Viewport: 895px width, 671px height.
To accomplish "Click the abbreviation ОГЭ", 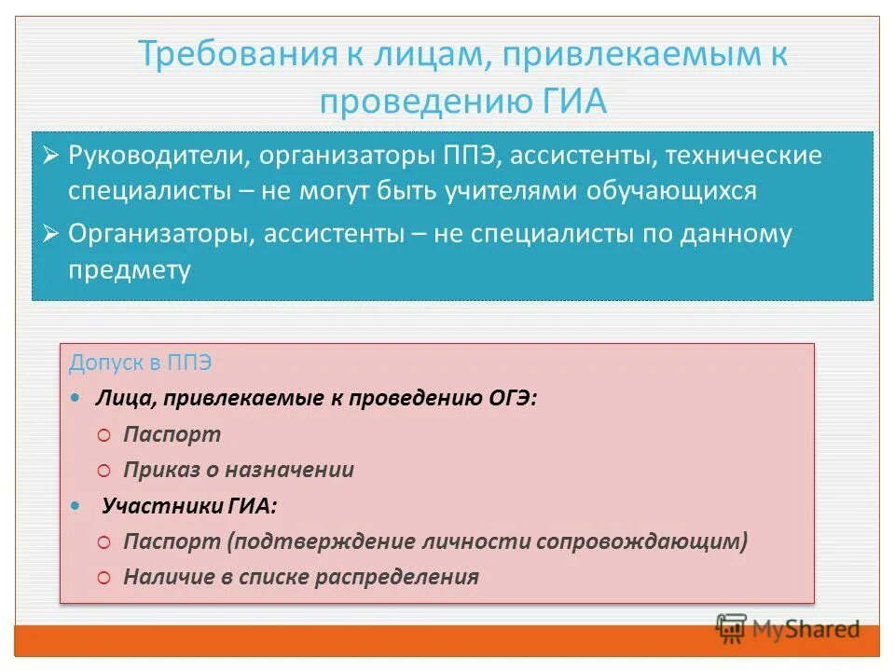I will (x=513, y=399).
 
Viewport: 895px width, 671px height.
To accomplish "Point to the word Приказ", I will (x=157, y=470).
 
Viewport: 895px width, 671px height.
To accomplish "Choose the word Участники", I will (x=161, y=506).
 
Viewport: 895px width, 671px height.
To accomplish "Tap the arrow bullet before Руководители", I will (x=51, y=154).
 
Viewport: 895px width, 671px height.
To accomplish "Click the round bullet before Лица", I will (x=75, y=399).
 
